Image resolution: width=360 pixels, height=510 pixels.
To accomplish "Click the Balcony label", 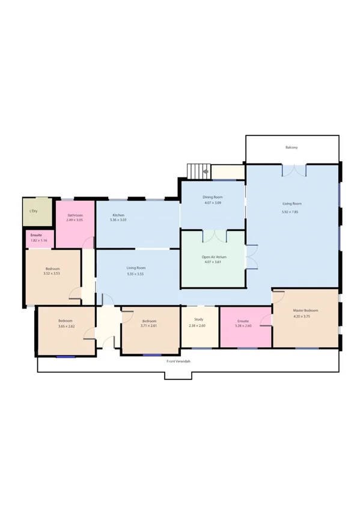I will (291, 147).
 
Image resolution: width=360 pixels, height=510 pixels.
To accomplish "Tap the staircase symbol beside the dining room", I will (197, 171).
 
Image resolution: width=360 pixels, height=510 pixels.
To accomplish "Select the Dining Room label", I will (213, 197).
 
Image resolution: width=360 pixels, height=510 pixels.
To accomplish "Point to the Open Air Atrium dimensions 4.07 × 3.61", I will (213, 262).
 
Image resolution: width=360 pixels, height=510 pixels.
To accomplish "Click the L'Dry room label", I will (34, 211).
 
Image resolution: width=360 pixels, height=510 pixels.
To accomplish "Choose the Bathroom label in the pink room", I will (75, 215).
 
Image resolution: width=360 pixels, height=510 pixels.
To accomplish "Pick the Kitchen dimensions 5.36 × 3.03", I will (118, 220).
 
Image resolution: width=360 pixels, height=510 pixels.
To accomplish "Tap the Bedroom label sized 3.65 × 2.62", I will (65, 321).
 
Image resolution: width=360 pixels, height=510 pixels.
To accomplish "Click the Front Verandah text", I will (179, 361).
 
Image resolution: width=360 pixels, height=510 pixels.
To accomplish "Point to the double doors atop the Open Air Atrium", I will (213, 236).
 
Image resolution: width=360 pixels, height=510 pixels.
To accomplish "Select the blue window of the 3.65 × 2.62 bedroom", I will (66, 357).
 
